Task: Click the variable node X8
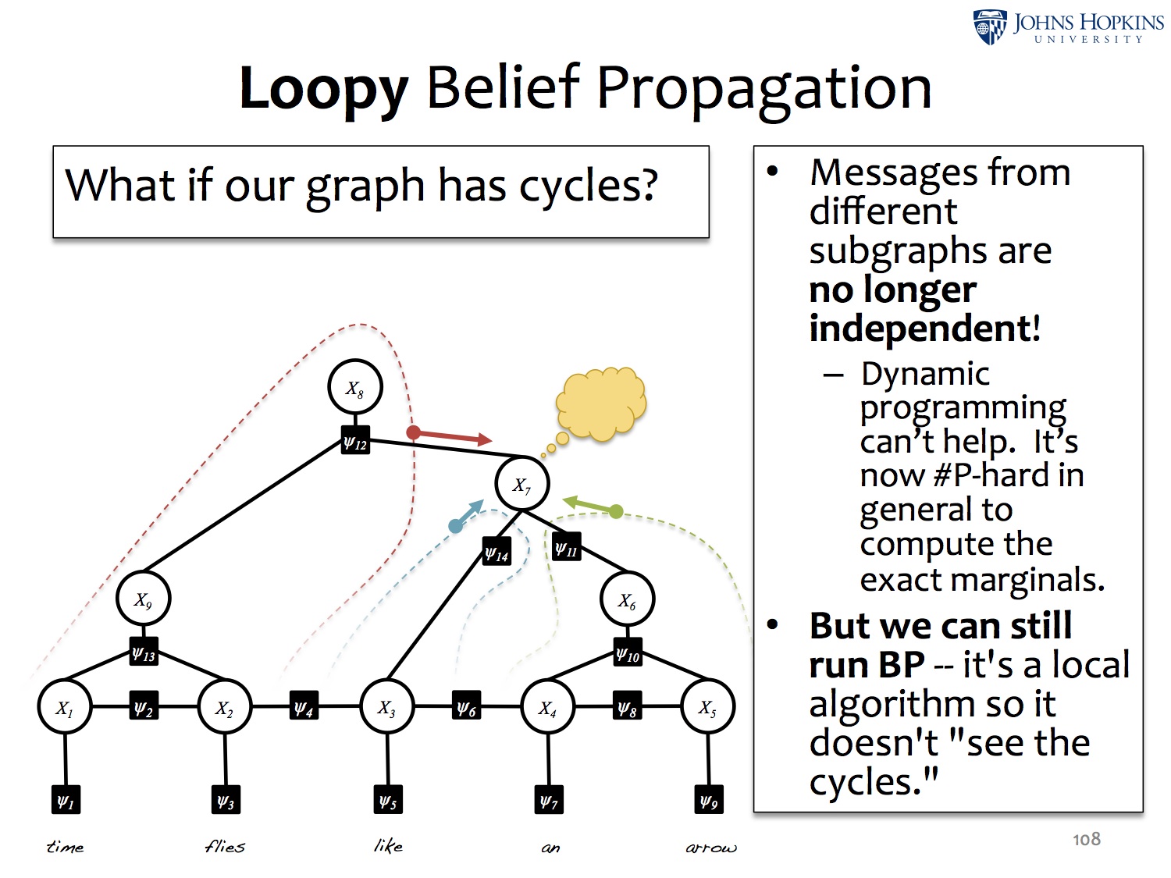click(x=355, y=387)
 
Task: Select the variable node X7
click(x=521, y=484)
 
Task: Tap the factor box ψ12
click(x=355, y=442)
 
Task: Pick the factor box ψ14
click(x=497, y=553)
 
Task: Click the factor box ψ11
click(x=566, y=548)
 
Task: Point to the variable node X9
click(x=143, y=599)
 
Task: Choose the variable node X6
click(x=627, y=599)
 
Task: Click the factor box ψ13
click(x=144, y=652)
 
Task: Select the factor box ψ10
click(x=628, y=654)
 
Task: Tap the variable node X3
click(x=386, y=706)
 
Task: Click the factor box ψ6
click(x=466, y=706)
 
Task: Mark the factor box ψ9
click(x=708, y=800)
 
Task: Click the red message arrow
click(x=449, y=436)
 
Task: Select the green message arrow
click(x=592, y=507)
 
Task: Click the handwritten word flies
click(x=225, y=846)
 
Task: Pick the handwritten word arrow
click(x=710, y=848)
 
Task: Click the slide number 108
click(x=1086, y=839)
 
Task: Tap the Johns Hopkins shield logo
click(x=990, y=27)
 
